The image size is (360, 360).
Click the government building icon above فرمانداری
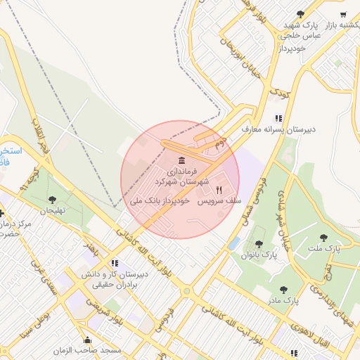click(x=182, y=159)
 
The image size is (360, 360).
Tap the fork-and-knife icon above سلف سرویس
click(x=219, y=190)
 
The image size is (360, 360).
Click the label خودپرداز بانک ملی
click(x=160, y=201)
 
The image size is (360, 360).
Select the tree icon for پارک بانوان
click(x=259, y=244)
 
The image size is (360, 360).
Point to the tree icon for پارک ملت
click(x=323, y=238)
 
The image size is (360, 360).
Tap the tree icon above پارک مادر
click(x=283, y=289)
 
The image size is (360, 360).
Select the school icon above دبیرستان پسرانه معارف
click(x=278, y=119)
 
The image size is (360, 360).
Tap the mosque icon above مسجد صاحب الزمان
click(x=87, y=340)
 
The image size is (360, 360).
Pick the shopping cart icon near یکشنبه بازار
click(x=342, y=14)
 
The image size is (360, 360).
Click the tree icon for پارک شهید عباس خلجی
click(x=301, y=14)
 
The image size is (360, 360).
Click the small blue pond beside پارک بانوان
click(x=233, y=243)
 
